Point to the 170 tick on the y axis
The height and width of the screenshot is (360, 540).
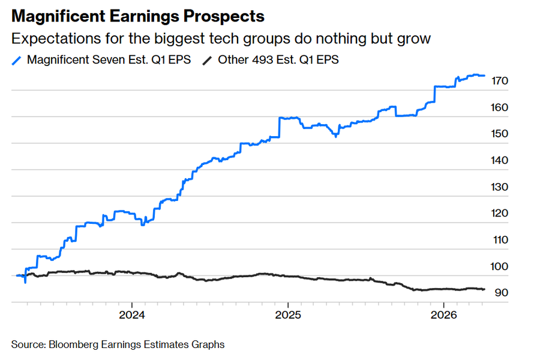500,81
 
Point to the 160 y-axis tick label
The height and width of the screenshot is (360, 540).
500,107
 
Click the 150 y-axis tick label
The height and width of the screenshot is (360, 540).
500,134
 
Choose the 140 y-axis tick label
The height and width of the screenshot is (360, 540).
500,160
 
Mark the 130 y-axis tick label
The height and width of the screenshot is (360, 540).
500,187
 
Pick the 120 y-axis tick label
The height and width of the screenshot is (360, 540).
500,213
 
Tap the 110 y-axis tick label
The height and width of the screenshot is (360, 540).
500,239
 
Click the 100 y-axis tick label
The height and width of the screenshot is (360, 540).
500,266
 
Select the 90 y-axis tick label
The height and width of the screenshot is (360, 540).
500,292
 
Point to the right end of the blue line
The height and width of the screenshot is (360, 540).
485,76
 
